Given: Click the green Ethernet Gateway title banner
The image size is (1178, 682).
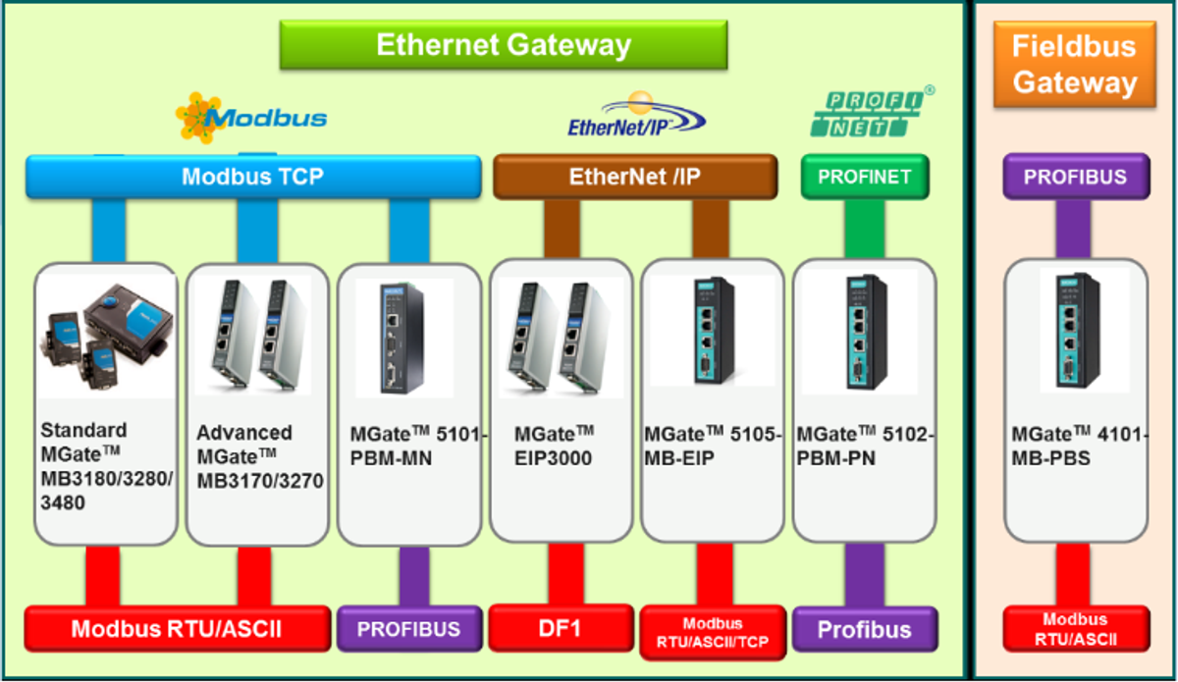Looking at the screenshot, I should (x=503, y=45).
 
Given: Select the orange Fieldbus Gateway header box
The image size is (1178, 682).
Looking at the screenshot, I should (x=1073, y=65).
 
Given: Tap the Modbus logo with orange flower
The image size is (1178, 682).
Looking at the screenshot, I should (x=251, y=118).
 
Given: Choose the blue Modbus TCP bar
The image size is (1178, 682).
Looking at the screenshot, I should (x=253, y=178).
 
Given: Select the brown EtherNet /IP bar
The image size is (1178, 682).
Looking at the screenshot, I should (x=634, y=178).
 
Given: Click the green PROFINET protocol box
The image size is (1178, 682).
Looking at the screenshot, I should (x=865, y=178).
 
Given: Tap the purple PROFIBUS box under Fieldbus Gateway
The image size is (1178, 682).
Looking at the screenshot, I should (x=1075, y=178).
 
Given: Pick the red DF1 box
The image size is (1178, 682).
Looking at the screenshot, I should (x=560, y=628).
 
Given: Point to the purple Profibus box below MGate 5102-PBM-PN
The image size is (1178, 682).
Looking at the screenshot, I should (x=865, y=629).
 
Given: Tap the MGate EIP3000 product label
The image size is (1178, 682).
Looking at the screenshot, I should (x=555, y=445).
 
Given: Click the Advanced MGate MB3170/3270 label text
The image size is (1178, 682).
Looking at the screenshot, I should (x=259, y=456).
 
